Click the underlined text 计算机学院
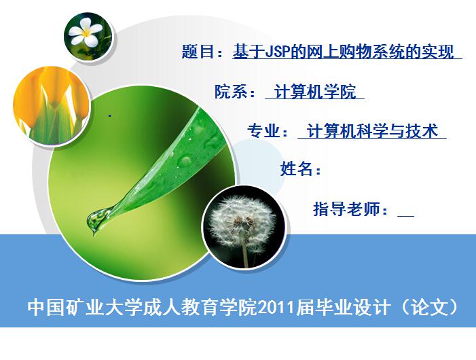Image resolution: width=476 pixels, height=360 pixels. [x=315, y=92]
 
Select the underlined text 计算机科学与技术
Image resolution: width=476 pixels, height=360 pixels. [x=372, y=131]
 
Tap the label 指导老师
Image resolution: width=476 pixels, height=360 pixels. [x=346, y=209]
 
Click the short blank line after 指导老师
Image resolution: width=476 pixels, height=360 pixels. [x=406, y=216]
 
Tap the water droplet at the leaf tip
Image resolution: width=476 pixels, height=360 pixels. [x=96, y=219]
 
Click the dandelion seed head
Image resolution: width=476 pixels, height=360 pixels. [x=242, y=221]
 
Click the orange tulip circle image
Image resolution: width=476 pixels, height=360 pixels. [x=51, y=106]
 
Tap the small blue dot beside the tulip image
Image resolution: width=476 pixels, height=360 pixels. [x=110, y=115]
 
